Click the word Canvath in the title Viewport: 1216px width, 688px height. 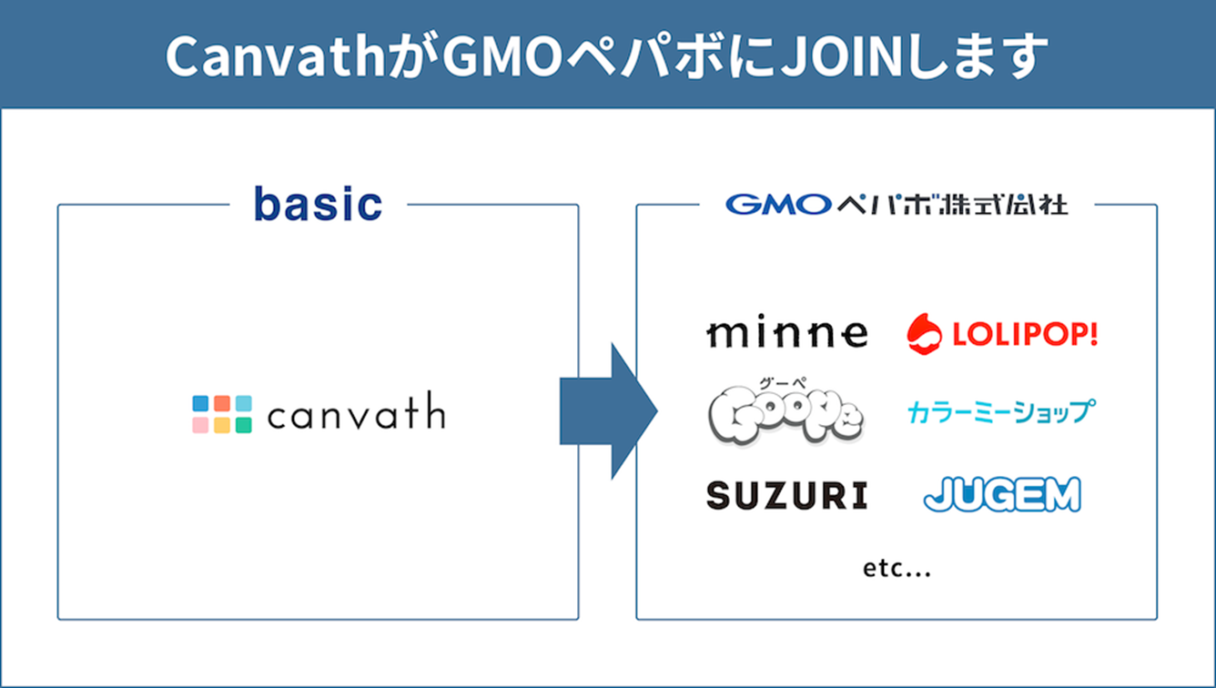point(275,56)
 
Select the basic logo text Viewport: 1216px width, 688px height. point(319,204)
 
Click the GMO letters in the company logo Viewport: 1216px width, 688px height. point(779,205)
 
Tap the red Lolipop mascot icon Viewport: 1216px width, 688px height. point(924,334)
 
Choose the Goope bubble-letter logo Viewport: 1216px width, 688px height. point(786,415)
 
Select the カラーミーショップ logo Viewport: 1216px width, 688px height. point(1001,411)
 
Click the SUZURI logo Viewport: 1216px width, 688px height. point(787,495)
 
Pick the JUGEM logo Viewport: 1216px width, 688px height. point(1002,494)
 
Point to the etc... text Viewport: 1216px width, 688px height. point(897,569)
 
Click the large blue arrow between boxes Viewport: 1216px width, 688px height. point(609,411)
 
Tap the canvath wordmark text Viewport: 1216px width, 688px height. point(357,411)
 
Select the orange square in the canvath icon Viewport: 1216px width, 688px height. point(222,403)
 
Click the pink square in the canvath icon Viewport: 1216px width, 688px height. point(200,425)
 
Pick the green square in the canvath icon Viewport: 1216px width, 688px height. point(244,425)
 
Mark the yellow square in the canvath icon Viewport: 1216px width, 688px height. point(222,425)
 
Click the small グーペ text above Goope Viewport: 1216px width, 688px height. point(782,383)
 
